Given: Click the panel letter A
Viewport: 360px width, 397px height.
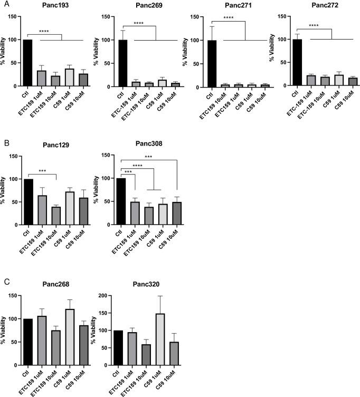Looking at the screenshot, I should [x=4, y=4].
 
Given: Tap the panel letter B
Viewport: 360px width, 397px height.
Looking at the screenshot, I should [x=4, y=142].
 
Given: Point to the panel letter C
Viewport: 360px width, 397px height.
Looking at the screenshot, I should [x=4, y=281].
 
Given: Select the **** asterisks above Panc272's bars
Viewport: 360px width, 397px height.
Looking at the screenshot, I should [x=314, y=25].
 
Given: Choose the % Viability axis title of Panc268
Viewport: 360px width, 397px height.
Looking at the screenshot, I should [x=5, y=331].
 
